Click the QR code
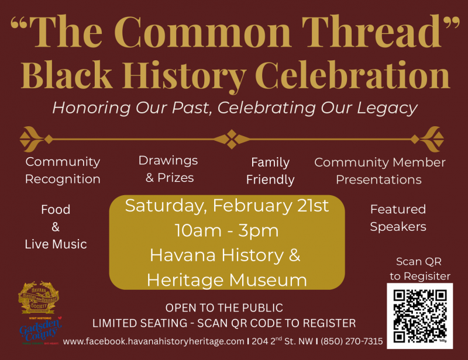pos(419,315)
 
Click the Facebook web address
pos(153,341)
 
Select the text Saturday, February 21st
pos(227,206)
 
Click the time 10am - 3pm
pos(227,230)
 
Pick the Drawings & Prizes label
pos(168,168)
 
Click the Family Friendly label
pos(270,171)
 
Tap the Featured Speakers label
pos(398,217)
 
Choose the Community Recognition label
pos(63,170)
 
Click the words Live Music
pos(56,244)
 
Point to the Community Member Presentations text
pos(380,171)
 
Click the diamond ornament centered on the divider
pos(232,139)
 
